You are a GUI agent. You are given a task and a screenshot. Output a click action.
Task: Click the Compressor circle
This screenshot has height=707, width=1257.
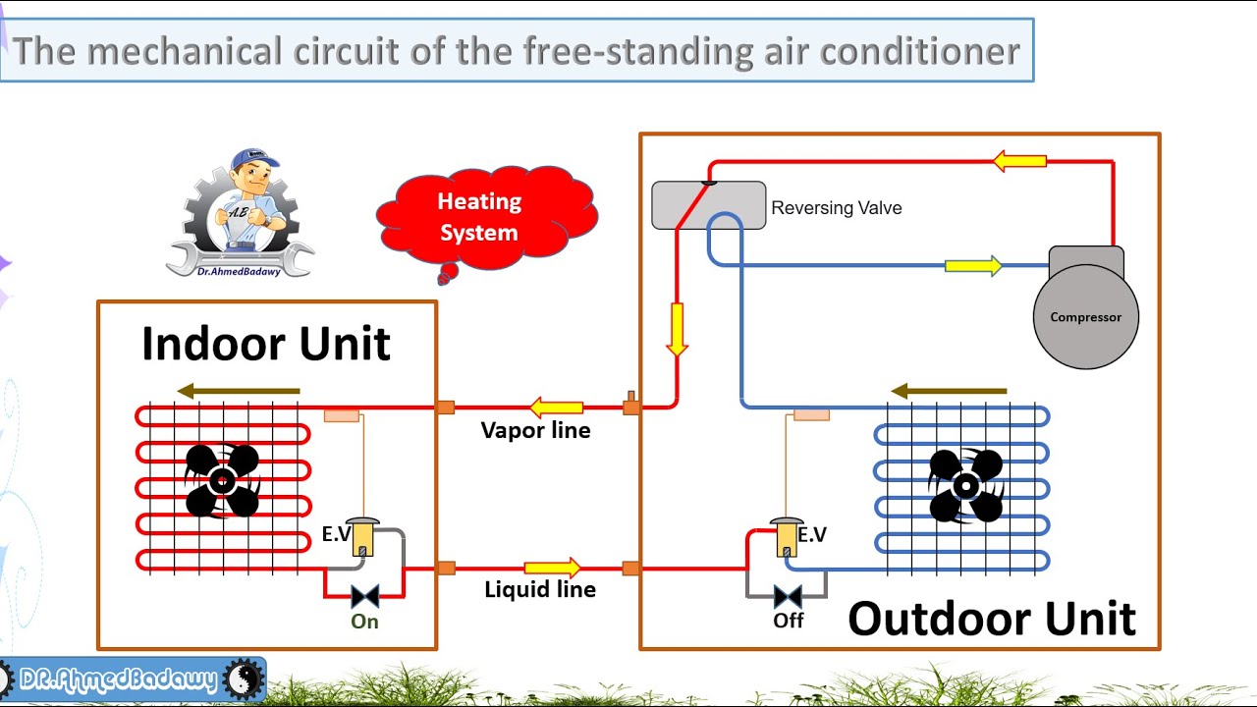1085,317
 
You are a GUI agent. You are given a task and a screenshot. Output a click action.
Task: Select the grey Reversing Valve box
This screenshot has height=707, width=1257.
708,205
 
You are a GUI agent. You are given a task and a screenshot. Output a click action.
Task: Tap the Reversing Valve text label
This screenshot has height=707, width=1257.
836,208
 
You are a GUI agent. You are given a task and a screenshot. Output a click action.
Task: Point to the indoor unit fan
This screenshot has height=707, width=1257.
222,480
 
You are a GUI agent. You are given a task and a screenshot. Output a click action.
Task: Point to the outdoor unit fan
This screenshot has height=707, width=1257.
965,485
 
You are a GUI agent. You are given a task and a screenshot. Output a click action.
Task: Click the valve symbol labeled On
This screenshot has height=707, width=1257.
364,596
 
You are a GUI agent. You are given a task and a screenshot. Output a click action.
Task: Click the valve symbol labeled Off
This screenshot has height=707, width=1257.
788,596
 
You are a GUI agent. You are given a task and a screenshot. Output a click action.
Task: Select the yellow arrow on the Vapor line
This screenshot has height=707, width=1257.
556,407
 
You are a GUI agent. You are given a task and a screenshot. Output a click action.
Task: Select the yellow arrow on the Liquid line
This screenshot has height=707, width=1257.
552,568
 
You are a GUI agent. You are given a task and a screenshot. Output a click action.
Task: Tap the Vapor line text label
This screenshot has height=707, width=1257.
535,430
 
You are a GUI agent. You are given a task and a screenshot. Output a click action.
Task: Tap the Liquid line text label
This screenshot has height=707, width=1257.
540,589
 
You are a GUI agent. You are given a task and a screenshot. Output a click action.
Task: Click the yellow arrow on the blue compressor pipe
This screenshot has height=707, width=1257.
972,265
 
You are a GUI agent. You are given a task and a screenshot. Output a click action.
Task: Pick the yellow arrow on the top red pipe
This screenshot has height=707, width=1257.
1019,160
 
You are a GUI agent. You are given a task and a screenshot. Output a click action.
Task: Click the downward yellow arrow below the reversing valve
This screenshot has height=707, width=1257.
677,329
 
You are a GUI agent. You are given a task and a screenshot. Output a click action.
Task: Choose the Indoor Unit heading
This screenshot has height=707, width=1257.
265,344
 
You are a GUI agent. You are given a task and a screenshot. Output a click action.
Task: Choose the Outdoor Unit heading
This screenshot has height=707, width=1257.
991,619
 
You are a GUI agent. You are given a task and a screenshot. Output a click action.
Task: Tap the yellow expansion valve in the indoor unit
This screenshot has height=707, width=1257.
362,538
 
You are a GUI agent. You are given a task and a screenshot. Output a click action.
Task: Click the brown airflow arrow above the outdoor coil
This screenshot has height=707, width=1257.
949,391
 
